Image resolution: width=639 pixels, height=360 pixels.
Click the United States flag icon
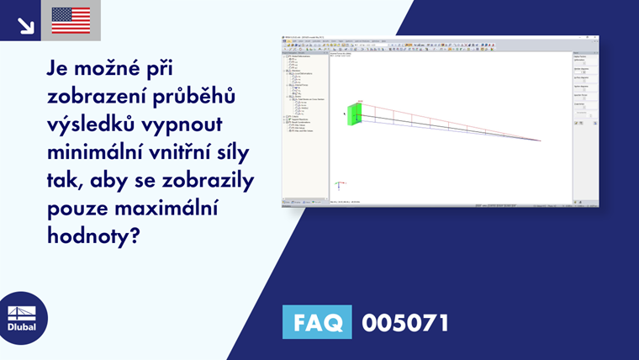(x=71, y=20)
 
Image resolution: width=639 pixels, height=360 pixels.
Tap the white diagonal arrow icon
(x=25, y=24)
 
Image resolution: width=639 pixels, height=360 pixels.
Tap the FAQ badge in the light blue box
(x=318, y=322)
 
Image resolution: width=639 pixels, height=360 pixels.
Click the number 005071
(x=404, y=322)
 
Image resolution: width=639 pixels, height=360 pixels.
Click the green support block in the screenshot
(x=354, y=114)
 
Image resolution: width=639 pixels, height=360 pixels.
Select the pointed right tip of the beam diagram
(x=540, y=140)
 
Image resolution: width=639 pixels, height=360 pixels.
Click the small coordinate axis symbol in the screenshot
(x=338, y=184)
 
